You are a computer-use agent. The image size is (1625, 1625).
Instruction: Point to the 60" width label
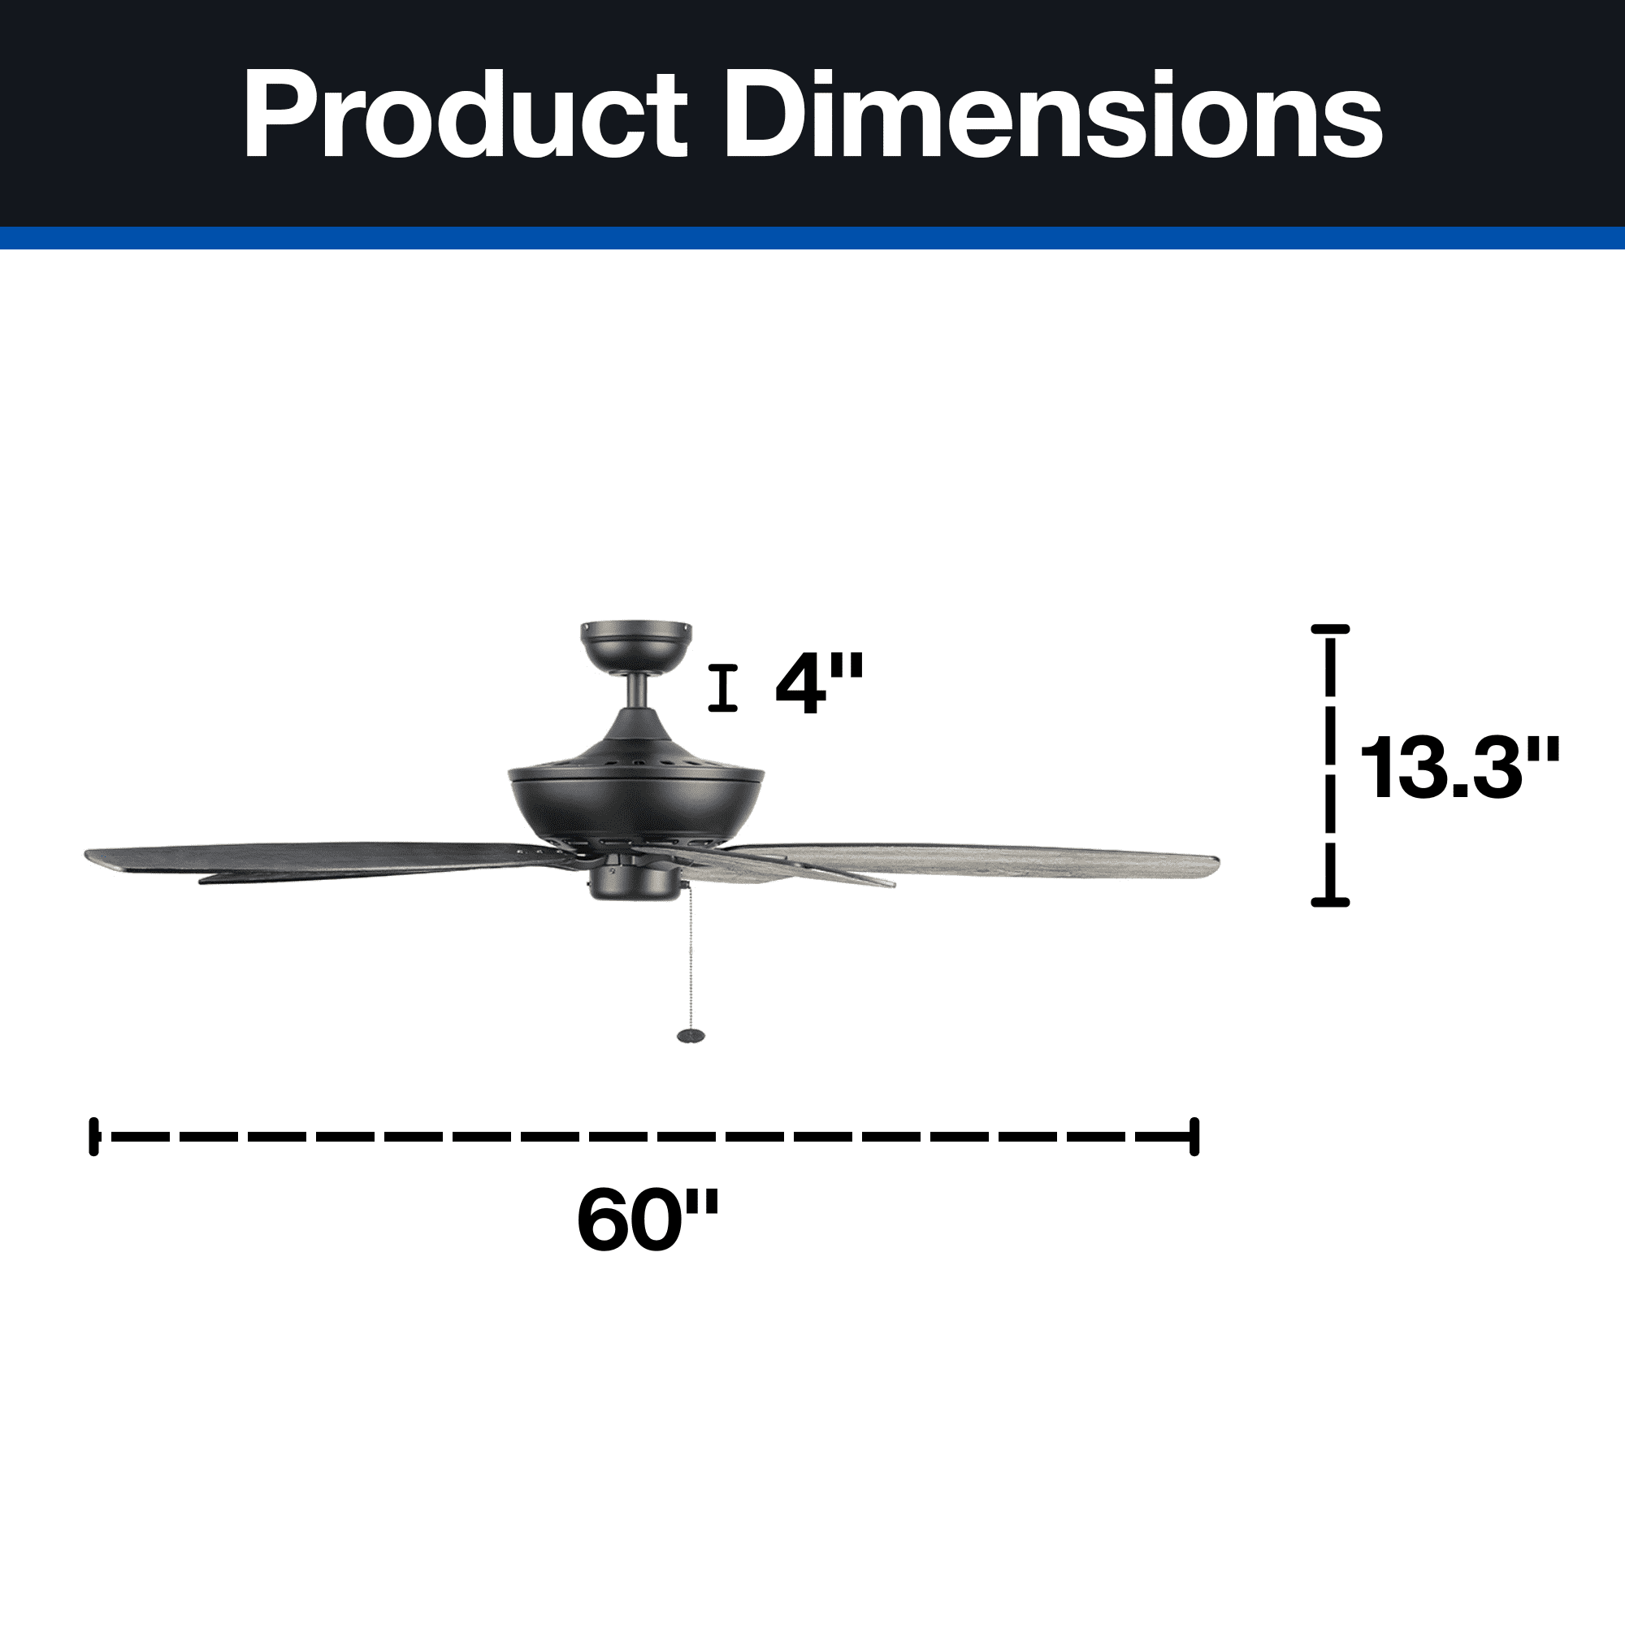pos(648,1221)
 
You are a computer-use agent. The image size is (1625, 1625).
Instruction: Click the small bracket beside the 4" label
pos(722,688)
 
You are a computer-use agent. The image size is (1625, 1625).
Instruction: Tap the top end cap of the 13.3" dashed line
pos(1331,629)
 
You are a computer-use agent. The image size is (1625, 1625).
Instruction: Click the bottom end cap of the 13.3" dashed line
pos(1331,903)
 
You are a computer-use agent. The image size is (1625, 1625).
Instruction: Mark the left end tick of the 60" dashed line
pos(94,1137)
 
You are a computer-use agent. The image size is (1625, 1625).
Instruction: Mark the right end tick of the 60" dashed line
pos(1194,1137)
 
